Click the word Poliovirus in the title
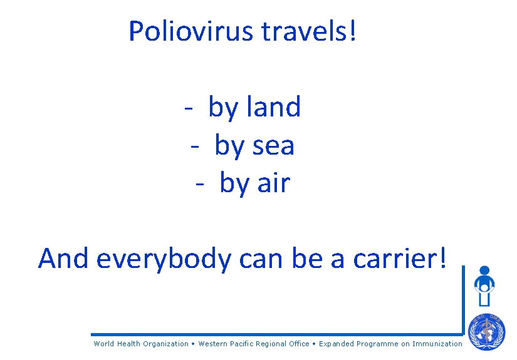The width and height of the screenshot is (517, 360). (x=191, y=31)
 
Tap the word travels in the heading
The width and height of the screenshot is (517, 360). (x=304, y=31)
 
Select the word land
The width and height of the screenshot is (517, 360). (x=274, y=106)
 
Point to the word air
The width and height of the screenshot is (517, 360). (x=274, y=182)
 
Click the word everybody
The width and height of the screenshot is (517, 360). (x=164, y=259)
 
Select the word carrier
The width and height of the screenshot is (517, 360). (x=395, y=258)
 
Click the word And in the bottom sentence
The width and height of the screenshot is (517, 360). (x=63, y=257)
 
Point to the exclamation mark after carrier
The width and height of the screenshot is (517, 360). (x=443, y=257)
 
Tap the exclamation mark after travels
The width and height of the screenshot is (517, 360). (x=353, y=30)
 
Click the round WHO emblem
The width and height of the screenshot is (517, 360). (x=487, y=332)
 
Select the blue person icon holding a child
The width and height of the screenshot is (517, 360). (x=484, y=286)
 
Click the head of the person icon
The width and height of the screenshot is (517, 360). (x=484, y=270)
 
